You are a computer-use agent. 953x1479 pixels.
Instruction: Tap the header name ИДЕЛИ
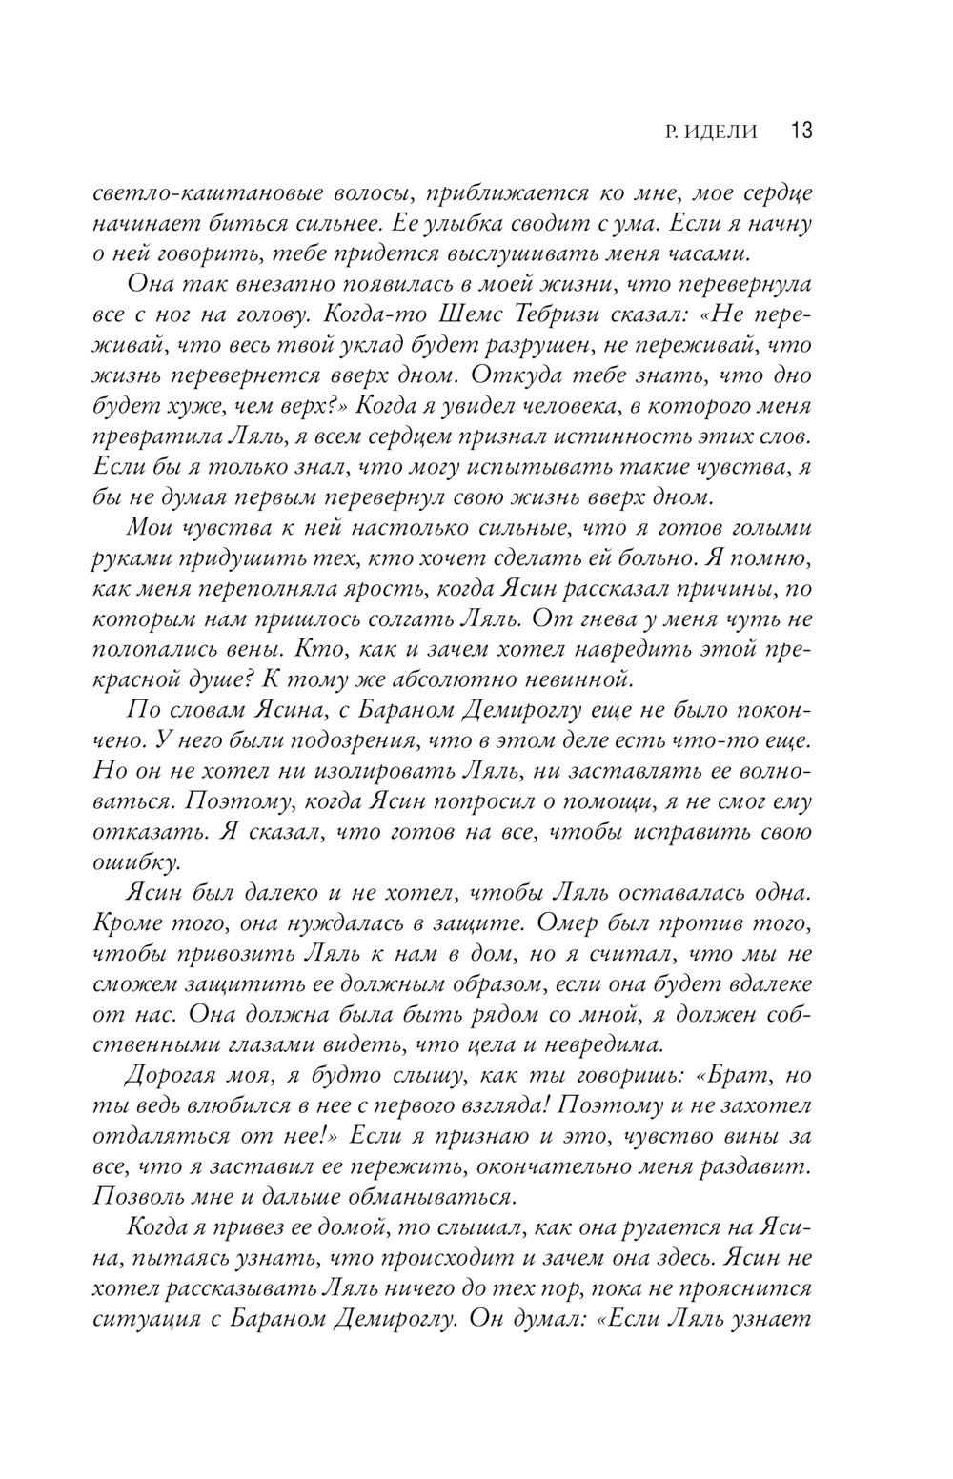(720, 132)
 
